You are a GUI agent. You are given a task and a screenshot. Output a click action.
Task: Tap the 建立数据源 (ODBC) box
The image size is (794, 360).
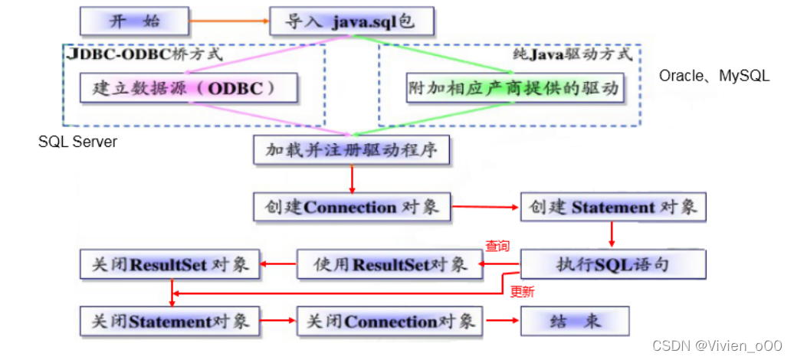coord(189,88)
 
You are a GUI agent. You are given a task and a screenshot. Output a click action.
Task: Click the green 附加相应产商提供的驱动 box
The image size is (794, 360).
coord(513,88)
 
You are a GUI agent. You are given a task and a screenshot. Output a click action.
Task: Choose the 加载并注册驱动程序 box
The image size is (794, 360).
coord(351,150)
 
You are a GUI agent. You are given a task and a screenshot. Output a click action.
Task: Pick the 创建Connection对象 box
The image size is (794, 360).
coord(351,207)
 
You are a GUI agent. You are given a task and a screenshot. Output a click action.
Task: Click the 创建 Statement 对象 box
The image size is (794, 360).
coord(612,207)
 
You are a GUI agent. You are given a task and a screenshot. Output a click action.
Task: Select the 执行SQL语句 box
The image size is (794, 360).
coord(612,265)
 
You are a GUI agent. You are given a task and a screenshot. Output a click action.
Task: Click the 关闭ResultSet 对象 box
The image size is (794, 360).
coord(169,265)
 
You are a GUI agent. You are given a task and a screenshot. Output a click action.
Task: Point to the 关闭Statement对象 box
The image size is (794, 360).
coord(169,321)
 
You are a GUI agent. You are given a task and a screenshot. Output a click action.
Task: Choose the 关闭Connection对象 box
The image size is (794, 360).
coord(390,321)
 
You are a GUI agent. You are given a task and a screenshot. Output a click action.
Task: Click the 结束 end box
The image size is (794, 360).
coord(575,321)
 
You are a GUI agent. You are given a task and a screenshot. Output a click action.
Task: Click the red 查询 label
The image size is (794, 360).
coord(497,247)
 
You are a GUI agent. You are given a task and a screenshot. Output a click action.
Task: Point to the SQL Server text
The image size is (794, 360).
coord(77,142)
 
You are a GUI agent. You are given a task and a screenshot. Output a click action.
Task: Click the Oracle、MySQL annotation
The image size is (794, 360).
coord(714,76)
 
